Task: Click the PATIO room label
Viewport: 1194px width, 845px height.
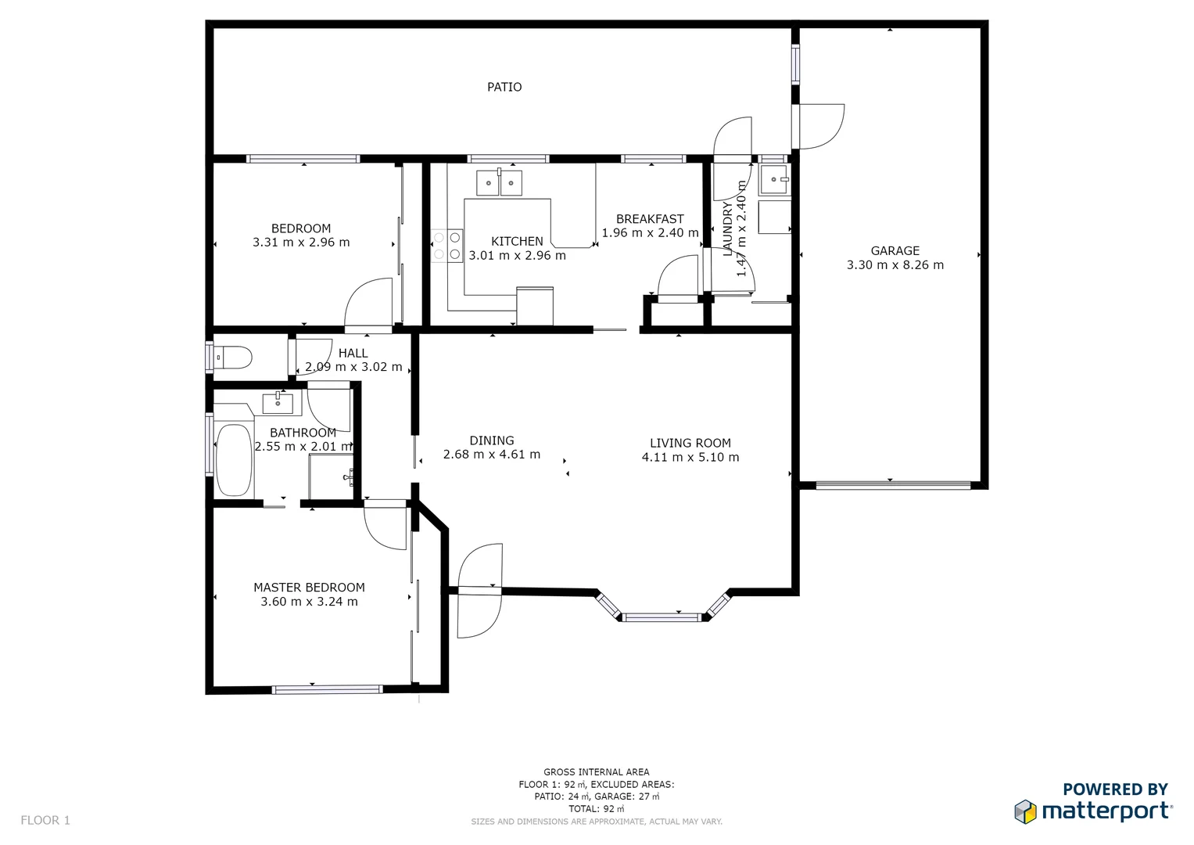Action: (504, 87)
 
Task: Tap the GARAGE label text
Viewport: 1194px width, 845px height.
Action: (895, 250)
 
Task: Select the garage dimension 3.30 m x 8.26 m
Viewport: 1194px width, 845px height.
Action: (895, 265)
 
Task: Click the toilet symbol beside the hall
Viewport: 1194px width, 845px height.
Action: (232, 358)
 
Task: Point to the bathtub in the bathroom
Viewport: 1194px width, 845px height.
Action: (233, 460)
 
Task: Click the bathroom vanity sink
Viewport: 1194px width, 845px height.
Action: (278, 404)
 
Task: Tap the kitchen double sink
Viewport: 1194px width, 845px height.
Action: (499, 183)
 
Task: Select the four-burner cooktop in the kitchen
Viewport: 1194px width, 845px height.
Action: (446, 246)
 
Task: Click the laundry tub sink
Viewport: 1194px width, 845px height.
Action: (774, 180)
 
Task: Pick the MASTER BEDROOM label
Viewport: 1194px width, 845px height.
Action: (309, 588)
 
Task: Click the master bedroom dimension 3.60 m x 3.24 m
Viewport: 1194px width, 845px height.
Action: (309, 602)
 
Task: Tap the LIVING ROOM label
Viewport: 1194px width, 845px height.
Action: (690, 443)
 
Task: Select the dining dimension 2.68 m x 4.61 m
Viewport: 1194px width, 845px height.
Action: (491, 455)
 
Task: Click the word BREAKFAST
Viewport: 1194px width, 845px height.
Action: (649, 219)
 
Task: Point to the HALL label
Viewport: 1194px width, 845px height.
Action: (353, 353)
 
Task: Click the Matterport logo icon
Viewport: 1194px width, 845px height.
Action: (1025, 811)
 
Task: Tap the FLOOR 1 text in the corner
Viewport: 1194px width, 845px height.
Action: (45, 820)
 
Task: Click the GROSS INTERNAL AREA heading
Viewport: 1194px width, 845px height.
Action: (596, 771)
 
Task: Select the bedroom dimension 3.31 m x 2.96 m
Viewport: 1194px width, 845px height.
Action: (301, 243)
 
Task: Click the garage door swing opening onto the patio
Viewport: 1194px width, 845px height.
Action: (821, 126)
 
